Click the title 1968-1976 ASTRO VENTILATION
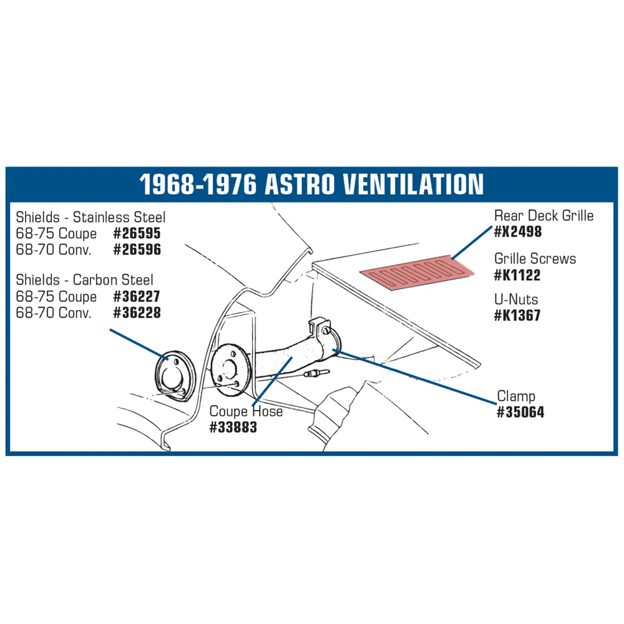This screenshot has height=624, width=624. click(311, 184)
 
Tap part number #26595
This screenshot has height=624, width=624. click(137, 233)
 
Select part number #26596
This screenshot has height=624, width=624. click(137, 250)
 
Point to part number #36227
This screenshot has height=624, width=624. click(137, 296)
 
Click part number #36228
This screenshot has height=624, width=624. click(137, 313)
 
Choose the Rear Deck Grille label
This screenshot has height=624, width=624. click(544, 216)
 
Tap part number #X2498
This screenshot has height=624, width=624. click(518, 232)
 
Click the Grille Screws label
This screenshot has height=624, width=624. click(535, 259)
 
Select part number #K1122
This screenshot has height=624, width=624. click(517, 275)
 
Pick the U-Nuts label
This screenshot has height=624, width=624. click(516, 300)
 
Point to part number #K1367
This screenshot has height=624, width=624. click(517, 316)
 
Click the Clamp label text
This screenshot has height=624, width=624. click(516, 396)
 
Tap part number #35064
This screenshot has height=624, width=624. click(520, 412)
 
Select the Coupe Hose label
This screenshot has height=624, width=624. click(246, 411)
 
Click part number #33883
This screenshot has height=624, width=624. click(233, 427)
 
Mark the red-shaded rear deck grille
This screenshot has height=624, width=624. click(417, 273)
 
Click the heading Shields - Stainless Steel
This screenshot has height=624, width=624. click(90, 217)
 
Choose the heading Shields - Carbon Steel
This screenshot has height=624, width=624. click(84, 280)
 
